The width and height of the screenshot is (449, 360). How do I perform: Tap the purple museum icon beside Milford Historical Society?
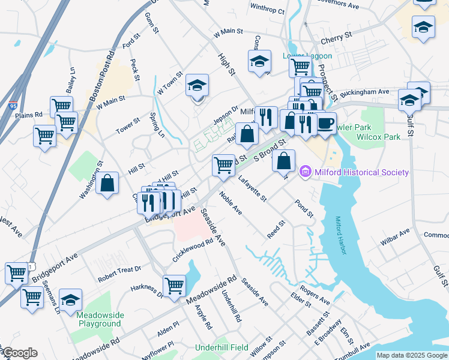point(306,172)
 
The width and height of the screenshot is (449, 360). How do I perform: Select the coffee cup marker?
point(325,124)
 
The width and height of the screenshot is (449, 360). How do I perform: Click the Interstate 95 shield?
point(14,105)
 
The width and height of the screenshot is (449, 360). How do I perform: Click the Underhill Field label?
point(221,347)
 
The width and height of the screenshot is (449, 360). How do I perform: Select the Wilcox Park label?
point(378,137)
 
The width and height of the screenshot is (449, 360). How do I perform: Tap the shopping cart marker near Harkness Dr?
point(174,286)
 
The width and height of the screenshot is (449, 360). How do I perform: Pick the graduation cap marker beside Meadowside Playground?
point(71,299)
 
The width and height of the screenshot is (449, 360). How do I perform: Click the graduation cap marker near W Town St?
point(196,86)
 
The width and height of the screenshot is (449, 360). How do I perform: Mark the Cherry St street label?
point(336,37)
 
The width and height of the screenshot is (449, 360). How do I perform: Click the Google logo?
point(19,353)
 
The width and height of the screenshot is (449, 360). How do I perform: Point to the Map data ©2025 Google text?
point(411,355)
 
